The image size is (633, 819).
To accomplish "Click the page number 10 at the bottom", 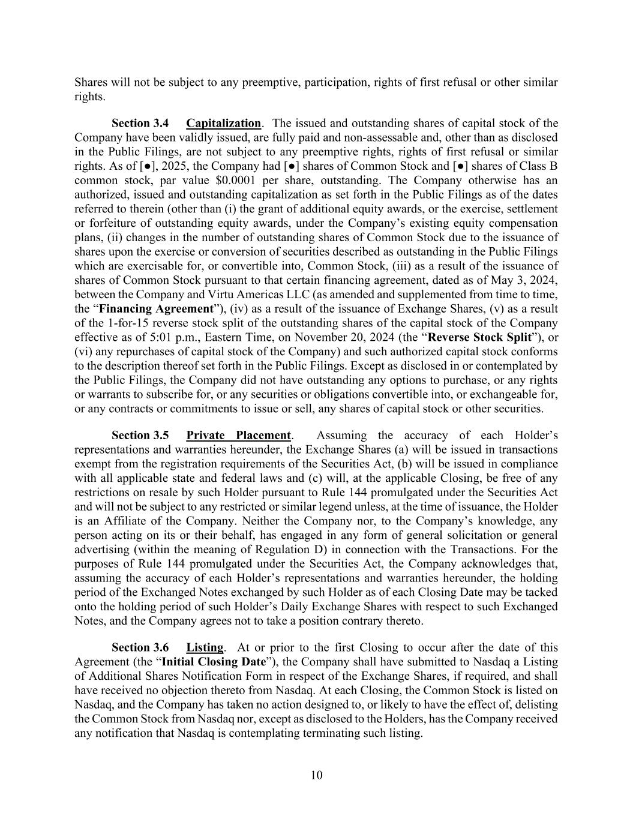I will pyautogui.click(x=316, y=775).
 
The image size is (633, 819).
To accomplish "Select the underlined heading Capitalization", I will pyautogui.click(x=223, y=124).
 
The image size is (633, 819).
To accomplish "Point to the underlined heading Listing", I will pyautogui.click(x=205, y=648).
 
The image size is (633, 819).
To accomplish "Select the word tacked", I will pyautogui.click(x=541, y=592).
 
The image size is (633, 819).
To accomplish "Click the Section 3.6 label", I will pyautogui.click(x=140, y=648).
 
